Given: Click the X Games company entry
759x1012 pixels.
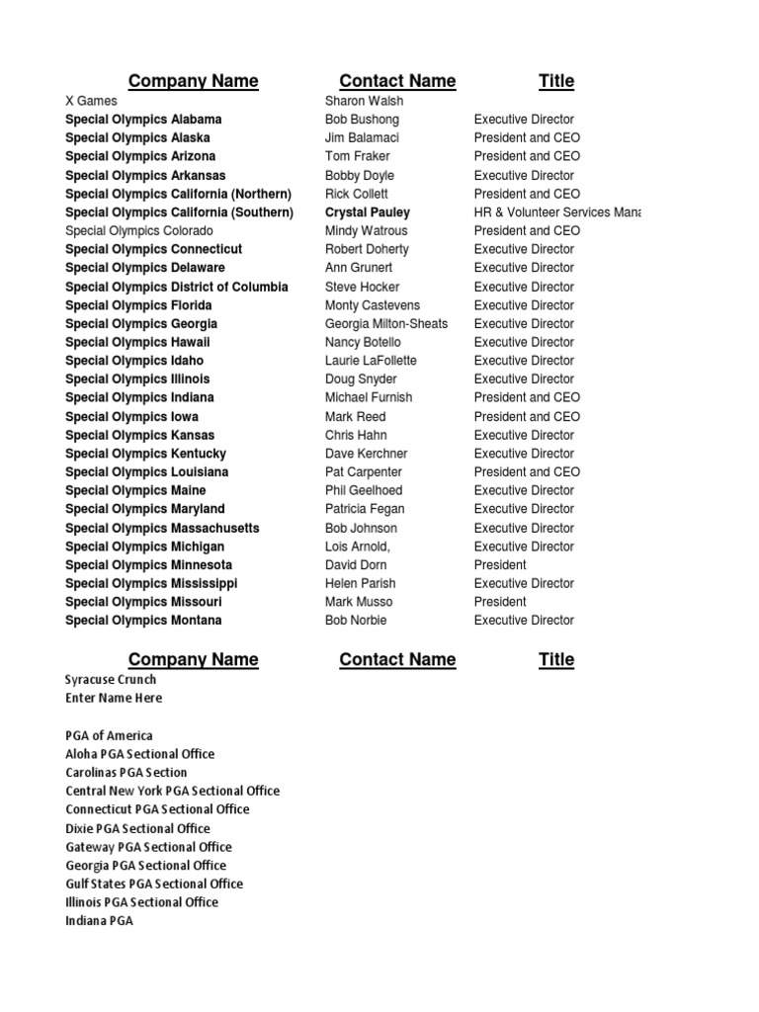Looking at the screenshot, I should (91, 101).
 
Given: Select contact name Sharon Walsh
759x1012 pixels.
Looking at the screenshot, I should (364, 101).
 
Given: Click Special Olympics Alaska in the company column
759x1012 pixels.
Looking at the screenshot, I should (137, 137).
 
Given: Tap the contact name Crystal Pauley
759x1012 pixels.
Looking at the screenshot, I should (368, 212).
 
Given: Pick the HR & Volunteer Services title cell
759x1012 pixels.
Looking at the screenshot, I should (557, 212).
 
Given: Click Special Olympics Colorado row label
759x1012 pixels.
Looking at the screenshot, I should (139, 230).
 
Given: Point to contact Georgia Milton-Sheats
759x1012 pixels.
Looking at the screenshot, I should (386, 323).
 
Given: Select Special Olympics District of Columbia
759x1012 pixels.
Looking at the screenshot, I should (177, 287).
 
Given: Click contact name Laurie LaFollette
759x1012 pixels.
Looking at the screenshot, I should (371, 361).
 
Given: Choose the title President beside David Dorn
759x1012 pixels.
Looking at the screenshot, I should (500, 564).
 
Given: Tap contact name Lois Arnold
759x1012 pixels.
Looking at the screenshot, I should (358, 547).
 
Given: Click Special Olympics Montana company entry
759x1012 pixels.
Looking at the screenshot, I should (143, 621).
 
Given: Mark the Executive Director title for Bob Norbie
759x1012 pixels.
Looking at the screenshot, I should (524, 621).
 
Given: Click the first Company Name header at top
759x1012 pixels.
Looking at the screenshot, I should (194, 81).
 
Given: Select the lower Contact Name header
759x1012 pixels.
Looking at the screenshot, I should (397, 659).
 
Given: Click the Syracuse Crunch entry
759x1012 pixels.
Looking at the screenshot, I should (111, 680).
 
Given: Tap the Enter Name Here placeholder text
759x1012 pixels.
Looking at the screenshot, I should (114, 698).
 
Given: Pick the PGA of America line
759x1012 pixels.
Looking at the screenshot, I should (109, 735).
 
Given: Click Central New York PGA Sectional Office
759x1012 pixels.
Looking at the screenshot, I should (172, 791).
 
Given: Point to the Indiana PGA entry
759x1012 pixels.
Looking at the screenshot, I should (99, 921).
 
